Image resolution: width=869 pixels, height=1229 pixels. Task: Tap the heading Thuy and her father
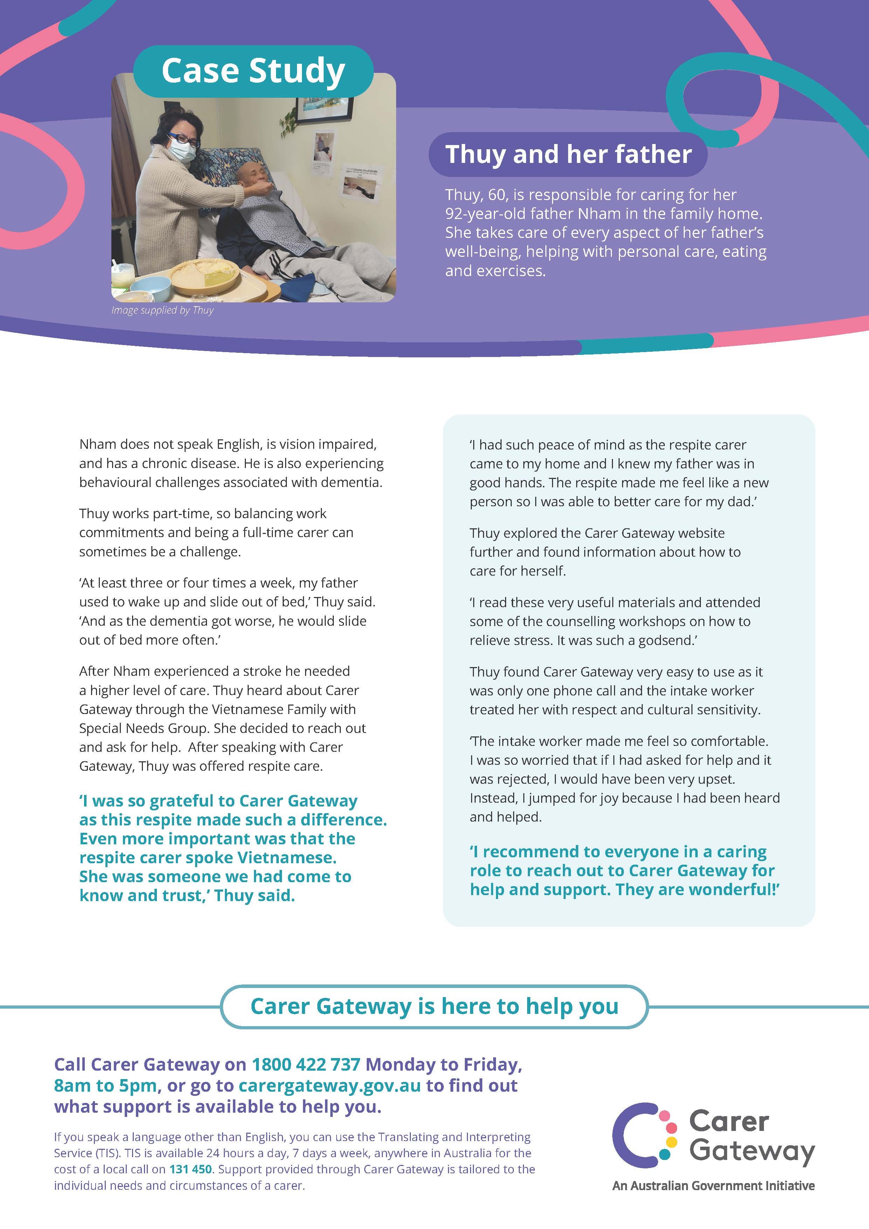pos(568,154)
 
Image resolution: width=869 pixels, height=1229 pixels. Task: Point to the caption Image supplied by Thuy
pos(162,310)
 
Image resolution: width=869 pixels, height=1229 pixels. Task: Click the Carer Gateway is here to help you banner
pos(434,1006)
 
